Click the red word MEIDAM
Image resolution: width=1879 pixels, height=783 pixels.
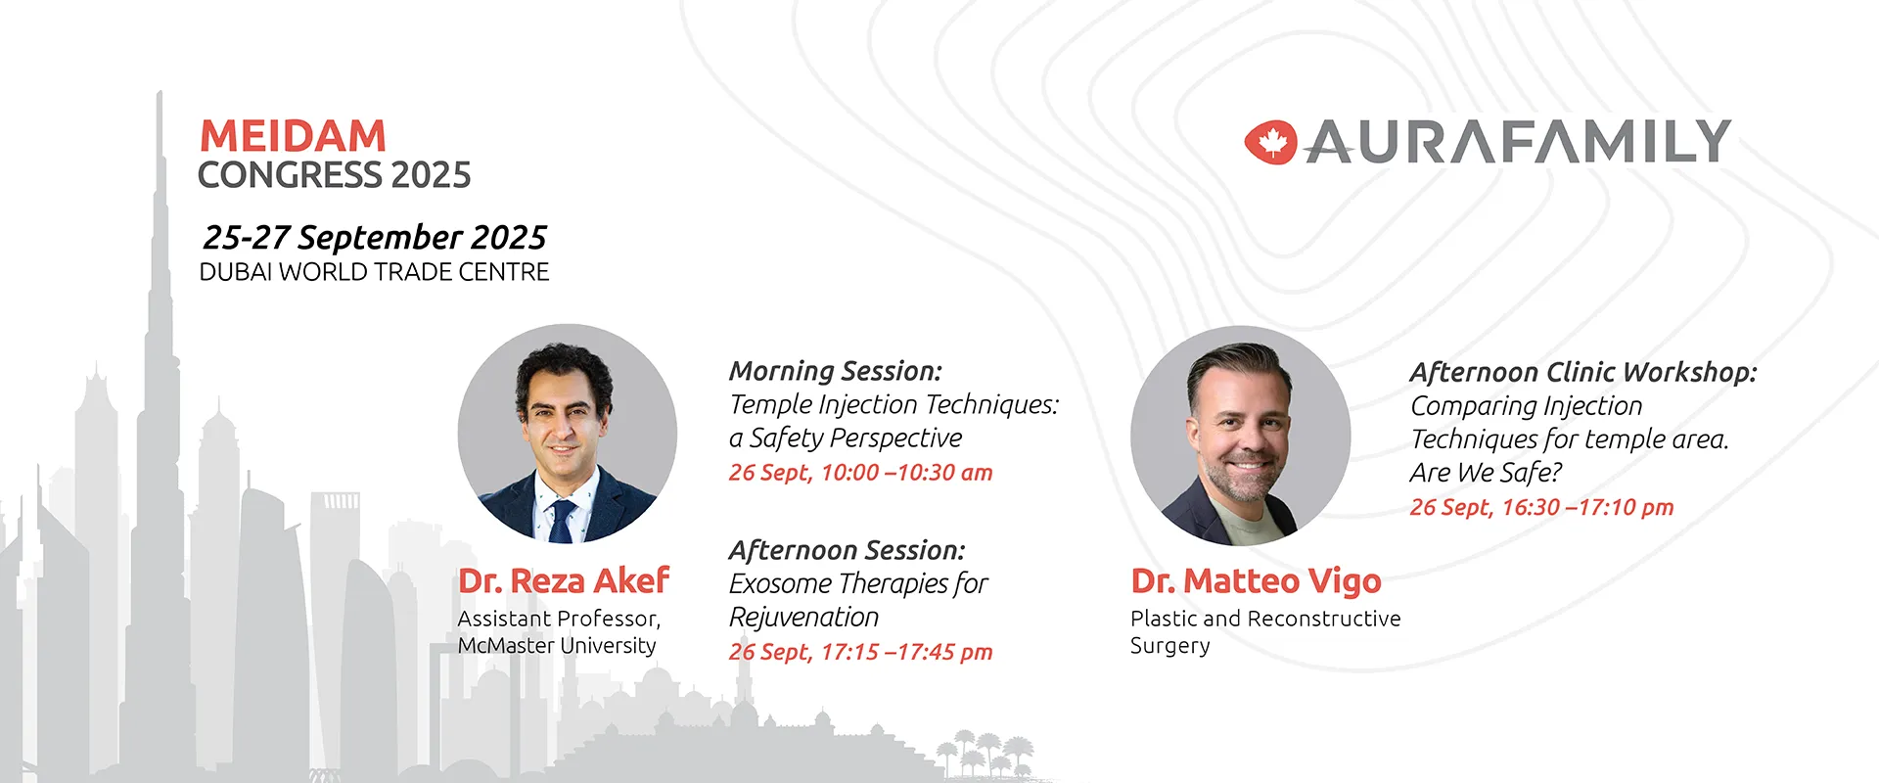coord(293,135)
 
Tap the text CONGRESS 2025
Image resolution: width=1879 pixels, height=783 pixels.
coord(335,175)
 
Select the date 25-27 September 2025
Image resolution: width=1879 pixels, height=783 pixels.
coord(375,237)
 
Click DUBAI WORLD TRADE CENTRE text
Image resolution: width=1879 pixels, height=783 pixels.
coord(375,272)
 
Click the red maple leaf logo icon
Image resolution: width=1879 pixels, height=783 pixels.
coord(1270,143)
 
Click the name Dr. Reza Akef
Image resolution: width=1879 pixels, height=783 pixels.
coord(564,580)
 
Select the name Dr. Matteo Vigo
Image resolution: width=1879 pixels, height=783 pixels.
coord(1256,580)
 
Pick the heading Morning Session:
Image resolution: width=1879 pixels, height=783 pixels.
coord(836,371)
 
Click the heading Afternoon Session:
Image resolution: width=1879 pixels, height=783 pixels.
coord(848,550)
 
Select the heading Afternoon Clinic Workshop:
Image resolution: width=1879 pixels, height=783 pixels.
coord(1583,372)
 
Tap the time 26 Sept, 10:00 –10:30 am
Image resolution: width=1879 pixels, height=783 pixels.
coord(861,473)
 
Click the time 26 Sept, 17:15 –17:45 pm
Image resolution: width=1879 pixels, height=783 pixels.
coord(861,652)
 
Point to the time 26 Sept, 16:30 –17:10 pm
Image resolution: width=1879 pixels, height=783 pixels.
coord(1542,507)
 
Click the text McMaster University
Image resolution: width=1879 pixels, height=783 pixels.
coord(557,646)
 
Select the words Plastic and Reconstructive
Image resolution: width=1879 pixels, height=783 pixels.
coord(1265,619)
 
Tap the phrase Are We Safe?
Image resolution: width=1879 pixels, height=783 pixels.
coord(1486,473)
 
